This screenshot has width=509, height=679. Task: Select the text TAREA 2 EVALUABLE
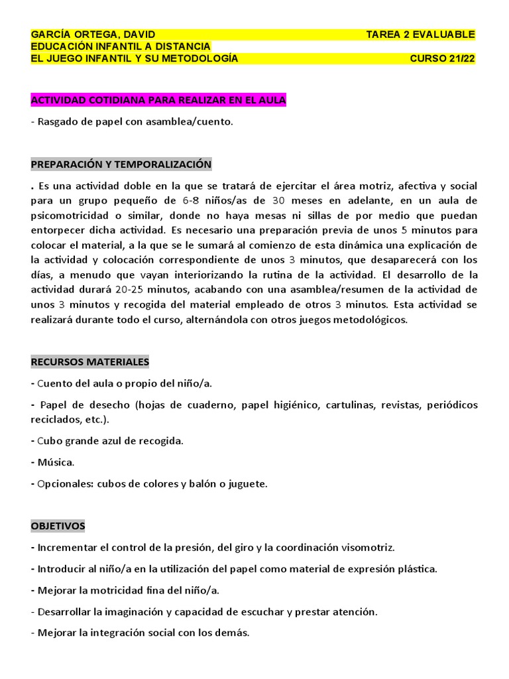(x=420, y=34)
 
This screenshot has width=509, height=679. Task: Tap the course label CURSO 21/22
(x=442, y=58)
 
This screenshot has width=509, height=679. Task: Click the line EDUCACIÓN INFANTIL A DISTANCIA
(x=121, y=46)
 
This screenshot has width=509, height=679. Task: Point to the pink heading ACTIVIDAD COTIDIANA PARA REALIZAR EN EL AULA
(x=158, y=100)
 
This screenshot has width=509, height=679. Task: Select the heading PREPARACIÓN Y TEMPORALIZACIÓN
(x=121, y=164)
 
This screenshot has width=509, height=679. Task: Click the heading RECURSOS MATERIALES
(x=90, y=361)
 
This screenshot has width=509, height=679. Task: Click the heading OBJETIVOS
(x=58, y=526)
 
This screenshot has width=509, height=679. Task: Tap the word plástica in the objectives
(x=418, y=569)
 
